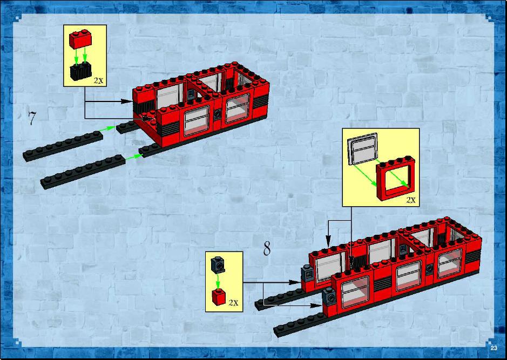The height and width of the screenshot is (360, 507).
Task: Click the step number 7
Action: point(31,118)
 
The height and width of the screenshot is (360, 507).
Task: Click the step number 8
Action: point(267,248)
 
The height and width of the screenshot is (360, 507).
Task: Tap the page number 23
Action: point(494,348)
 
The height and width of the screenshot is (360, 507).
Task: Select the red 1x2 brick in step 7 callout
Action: point(80,39)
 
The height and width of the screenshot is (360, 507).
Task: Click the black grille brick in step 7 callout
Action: point(80,71)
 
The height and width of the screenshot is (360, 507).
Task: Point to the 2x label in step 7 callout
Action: point(98,80)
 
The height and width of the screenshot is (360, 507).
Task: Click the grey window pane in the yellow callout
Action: point(362,149)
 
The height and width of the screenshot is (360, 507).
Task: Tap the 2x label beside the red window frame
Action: point(411,200)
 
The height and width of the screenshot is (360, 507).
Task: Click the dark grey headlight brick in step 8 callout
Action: point(218,265)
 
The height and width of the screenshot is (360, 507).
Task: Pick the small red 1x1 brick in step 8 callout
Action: point(219,297)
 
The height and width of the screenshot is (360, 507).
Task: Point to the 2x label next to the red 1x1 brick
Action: point(233,302)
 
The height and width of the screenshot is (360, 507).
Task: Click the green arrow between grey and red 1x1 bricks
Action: point(218,281)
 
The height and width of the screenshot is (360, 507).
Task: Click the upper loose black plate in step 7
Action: point(63,146)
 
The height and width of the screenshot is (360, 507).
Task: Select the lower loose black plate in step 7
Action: point(83,172)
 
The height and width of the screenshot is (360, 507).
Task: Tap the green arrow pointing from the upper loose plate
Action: point(107,128)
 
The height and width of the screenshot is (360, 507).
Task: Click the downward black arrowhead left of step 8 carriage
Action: point(328,241)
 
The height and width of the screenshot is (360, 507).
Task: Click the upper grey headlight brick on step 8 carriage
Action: point(306,274)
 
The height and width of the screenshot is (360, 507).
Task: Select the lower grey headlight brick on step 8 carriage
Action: point(329,296)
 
